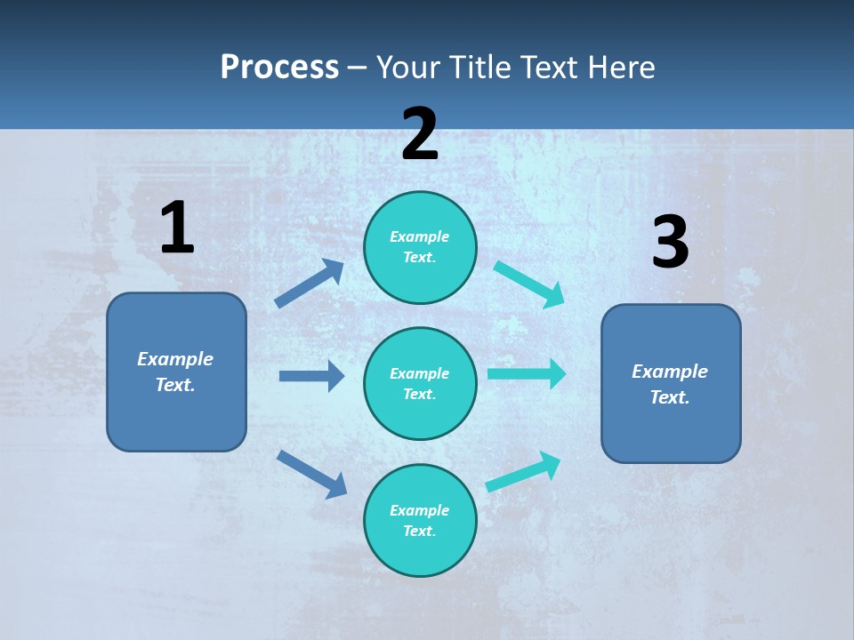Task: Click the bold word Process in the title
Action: click(x=279, y=68)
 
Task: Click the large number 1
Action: click(x=177, y=228)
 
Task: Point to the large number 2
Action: click(x=420, y=134)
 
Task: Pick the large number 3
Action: click(x=670, y=243)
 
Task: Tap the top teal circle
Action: click(x=420, y=247)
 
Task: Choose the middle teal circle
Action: click(x=420, y=384)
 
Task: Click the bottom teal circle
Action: click(x=420, y=521)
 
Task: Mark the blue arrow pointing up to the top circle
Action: click(x=310, y=284)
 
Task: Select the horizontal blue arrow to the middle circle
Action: click(x=311, y=376)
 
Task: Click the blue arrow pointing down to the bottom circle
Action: click(x=311, y=474)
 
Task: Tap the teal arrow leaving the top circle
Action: click(x=528, y=284)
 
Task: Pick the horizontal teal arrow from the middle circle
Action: click(x=526, y=373)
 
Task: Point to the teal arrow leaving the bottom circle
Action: click(x=523, y=471)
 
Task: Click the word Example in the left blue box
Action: click(x=175, y=359)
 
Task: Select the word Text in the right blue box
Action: click(x=668, y=397)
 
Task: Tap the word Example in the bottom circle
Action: click(x=420, y=510)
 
